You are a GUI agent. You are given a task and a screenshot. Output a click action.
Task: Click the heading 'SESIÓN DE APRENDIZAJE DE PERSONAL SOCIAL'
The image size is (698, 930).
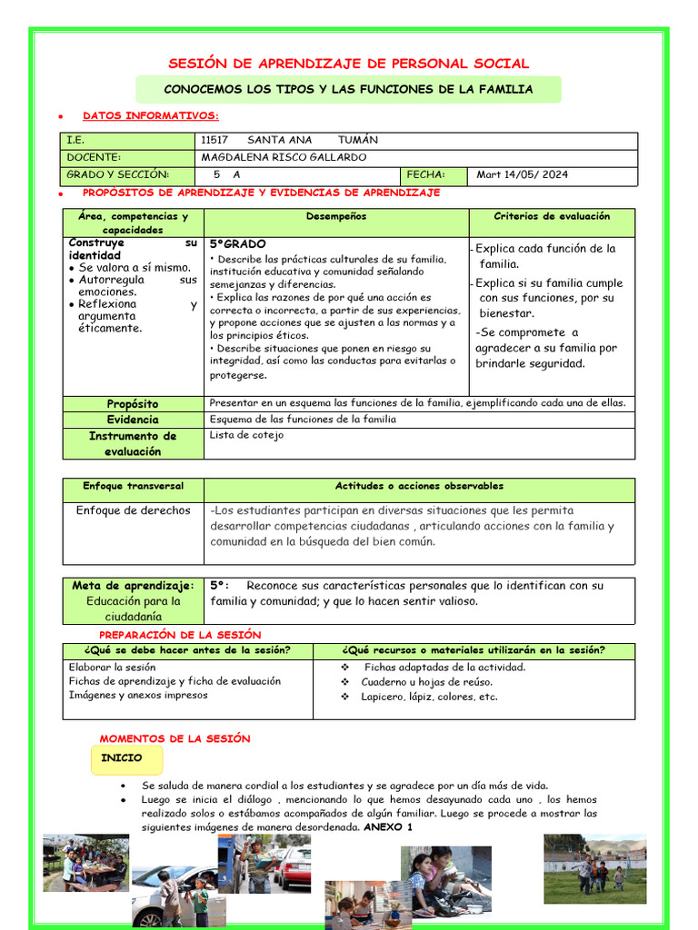(349, 64)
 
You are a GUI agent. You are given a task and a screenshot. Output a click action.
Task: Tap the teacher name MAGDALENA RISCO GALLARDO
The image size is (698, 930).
(284, 157)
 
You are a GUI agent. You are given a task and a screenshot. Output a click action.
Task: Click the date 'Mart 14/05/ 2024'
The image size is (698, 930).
(523, 174)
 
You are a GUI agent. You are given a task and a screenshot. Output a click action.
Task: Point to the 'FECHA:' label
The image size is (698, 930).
(425, 174)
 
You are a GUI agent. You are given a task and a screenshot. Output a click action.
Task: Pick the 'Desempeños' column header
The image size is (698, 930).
(336, 216)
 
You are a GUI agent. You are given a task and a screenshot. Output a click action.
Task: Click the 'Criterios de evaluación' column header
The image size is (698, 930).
(552, 216)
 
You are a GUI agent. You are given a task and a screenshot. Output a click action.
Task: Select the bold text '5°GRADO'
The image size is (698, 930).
(238, 244)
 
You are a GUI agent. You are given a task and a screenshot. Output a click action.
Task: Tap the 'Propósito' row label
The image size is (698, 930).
(133, 403)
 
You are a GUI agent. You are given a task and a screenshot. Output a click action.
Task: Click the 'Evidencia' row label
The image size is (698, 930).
(133, 420)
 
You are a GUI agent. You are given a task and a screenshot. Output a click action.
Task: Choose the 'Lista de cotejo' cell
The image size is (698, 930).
(246, 435)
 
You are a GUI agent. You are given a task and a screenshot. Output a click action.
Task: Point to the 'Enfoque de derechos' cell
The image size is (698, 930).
(133, 510)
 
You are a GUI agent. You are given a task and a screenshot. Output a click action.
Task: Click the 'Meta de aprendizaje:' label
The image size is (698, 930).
(133, 586)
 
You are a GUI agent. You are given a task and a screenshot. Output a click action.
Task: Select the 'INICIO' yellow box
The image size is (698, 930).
(122, 757)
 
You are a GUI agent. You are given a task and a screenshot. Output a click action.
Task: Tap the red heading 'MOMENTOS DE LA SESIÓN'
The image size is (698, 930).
(174, 739)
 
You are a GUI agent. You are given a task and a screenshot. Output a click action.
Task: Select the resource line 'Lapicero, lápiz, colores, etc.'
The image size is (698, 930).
(429, 697)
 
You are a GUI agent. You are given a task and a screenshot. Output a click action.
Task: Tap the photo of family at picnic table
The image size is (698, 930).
(85, 864)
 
